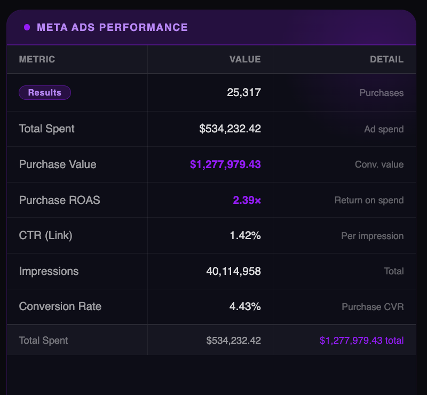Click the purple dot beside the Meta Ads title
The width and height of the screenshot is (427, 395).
27,27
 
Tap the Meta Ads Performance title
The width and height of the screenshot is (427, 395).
112,27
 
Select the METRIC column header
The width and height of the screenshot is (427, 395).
37,59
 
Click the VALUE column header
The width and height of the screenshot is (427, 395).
245,59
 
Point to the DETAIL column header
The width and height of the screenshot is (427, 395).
386,59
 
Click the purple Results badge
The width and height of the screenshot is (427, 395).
45,93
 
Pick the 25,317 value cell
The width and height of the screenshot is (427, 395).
244,93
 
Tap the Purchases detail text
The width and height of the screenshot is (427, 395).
381,93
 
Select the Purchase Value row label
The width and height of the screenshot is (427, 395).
58,164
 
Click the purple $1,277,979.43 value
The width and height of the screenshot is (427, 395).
225,164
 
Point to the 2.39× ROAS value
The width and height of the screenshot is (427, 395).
247,200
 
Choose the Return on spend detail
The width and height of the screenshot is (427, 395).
369,200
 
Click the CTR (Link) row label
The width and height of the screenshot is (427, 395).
45,235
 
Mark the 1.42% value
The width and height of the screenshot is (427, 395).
245,235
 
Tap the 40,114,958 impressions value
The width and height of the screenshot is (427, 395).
233,271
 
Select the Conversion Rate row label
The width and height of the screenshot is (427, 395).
60,306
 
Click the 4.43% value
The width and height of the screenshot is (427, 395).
245,306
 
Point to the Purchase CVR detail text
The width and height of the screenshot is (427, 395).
373,307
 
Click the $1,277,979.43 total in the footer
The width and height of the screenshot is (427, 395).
361,340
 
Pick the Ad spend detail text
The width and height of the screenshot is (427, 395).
384,129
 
